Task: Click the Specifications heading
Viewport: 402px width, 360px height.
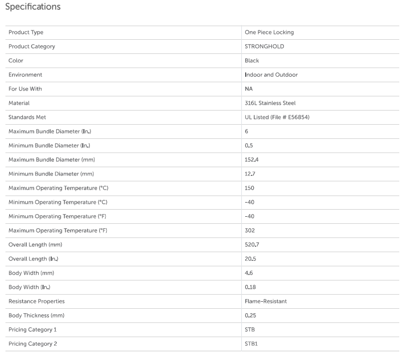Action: pyautogui.click(x=33, y=7)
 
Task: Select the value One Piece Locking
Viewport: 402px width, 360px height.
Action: pyautogui.click(x=269, y=33)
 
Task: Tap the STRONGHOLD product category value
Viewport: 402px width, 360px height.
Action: pyautogui.click(x=264, y=47)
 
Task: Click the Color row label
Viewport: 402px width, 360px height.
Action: pyautogui.click(x=16, y=61)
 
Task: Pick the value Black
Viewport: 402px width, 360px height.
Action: pyautogui.click(x=252, y=61)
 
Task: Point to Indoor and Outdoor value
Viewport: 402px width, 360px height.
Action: pyautogui.click(x=271, y=75)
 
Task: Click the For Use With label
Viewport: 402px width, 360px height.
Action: pyautogui.click(x=25, y=89)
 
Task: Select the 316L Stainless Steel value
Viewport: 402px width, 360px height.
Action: pyautogui.click(x=270, y=103)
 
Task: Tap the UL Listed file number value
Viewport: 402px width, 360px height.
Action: pyautogui.click(x=277, y=118)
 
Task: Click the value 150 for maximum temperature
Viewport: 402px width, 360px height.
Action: pyautogui.click(x=249, y=188)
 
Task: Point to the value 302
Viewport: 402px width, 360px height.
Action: pyautogui.click(x=250, y=231)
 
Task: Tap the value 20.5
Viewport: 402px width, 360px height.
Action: pyautogui.click(x=251, y=259)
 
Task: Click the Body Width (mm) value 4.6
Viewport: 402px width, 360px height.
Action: pyautogui.click(x=248, y=273)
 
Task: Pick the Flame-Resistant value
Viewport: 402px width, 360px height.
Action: pyautogui.click(x=266, y=302)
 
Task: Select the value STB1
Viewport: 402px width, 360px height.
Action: pyautogui.click(x=251, y=344)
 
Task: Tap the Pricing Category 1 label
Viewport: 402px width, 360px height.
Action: pyautogui.click(x=33, y=330)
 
